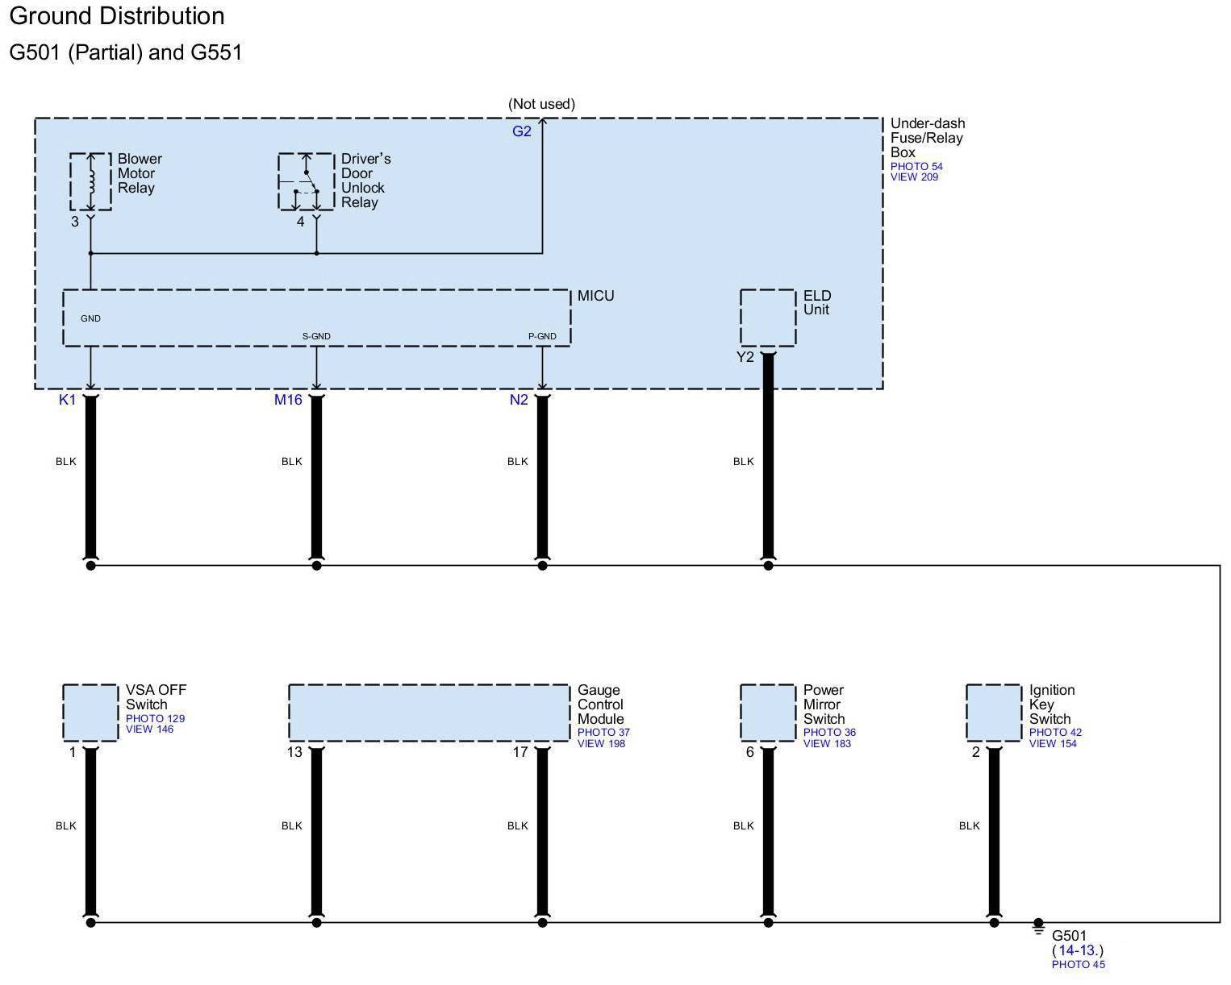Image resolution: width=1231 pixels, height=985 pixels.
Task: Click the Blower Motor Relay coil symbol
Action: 90,181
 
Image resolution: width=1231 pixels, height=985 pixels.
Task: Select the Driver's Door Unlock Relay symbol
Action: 306,181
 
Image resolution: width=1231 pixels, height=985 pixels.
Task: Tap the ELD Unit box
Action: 767,318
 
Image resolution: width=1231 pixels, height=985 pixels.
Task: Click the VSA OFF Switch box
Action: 90,713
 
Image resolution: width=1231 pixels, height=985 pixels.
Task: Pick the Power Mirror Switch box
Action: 767,713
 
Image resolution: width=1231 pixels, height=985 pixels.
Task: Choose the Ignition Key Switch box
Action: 993,713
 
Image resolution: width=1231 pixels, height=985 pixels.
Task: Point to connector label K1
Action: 67,400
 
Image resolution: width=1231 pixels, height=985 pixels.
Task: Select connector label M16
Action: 288,400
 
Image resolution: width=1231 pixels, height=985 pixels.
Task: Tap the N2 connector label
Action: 518,400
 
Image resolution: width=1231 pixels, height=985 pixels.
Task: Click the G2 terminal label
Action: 522,131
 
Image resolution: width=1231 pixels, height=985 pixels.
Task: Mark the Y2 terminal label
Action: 745,357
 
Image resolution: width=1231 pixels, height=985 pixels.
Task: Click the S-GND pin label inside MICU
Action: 316,336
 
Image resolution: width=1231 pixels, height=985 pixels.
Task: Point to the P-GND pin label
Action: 542,336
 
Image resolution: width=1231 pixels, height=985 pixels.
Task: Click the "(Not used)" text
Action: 541,104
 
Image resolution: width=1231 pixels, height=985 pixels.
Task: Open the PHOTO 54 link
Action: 916,167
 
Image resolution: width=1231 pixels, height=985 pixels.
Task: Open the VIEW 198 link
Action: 601,744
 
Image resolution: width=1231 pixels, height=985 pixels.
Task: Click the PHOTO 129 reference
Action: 155,718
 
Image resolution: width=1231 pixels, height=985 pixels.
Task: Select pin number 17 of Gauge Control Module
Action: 520,752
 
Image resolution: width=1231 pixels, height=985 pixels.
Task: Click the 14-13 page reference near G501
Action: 1079,950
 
